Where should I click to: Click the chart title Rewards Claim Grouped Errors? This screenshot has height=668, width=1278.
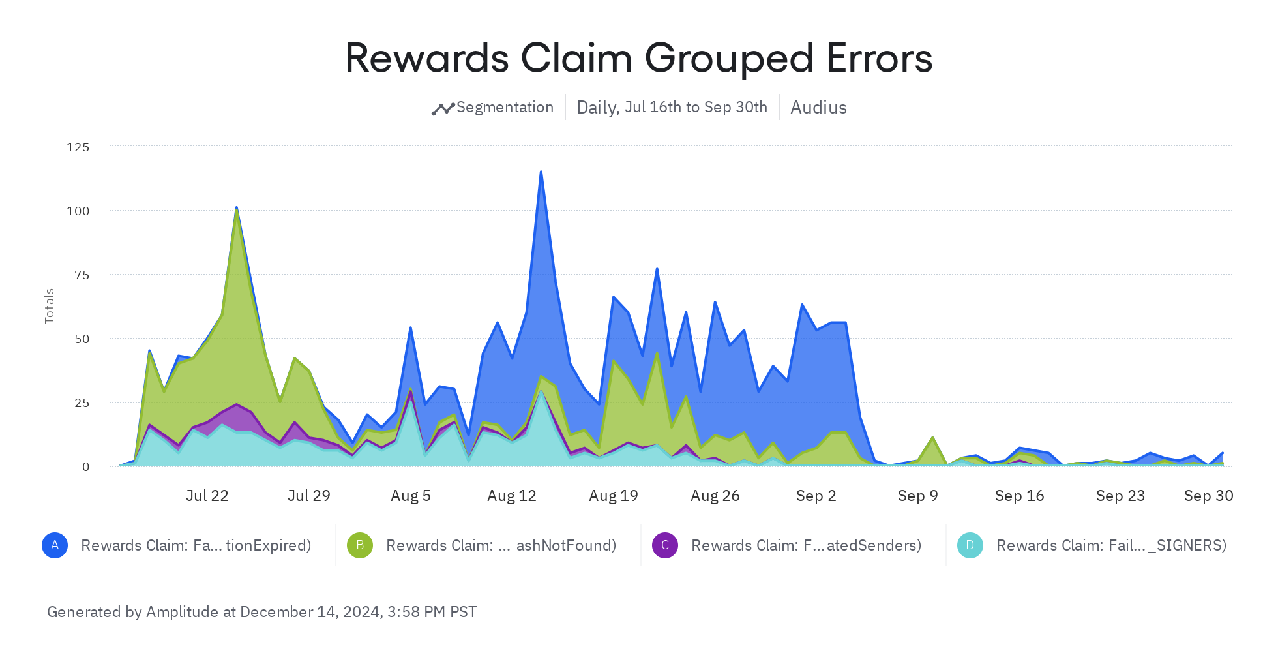pyautogui.click(x=638, y=58)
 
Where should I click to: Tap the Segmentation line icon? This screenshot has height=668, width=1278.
pyautogui.click(x=443, y=108)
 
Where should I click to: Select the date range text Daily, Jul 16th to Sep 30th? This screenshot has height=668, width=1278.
pyautogui.click(x=672, y=107)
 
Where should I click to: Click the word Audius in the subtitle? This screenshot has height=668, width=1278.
pyautogui.click(x=818, y=107)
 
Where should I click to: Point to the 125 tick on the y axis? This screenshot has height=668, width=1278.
pyautogui.click(x=78, y=147)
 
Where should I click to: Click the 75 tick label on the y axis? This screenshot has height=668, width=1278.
pyautogui.click(x=82, y=275)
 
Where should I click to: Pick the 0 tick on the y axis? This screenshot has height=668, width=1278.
pyautogui.click(x=85, y=466)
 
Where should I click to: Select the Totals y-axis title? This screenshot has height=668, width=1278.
pyautogui.click(x=50, y=306)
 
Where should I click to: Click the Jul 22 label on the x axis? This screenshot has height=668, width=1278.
pyautogui.click(x=207, y=496)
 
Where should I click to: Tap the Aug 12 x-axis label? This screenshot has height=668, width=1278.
pyautogui.click(x=512, y=496)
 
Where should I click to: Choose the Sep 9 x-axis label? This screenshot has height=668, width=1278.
pyautogui.click(x=917, y=496)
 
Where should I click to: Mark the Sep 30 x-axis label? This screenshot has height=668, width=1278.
pyautogui.click(x=1208, y=496)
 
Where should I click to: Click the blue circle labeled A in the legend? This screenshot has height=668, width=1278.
pyautogui.click(x=55, y=545)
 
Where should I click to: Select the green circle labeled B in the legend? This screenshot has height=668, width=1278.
pyautogui.click(x=360, y=545)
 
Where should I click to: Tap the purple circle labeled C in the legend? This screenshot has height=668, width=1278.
pyautogui.click(x=665, y=545)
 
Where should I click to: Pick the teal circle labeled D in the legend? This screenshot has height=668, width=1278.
pyautogui.click(x=970, y=545)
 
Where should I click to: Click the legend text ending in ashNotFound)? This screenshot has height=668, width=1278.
pyautogui.click(x=501, y=545)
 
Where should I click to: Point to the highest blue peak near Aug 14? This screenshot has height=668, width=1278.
pyautogui.click(x=541, y=172)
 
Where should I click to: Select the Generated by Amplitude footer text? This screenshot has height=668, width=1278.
pyautogui.click(x=262, y=612)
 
